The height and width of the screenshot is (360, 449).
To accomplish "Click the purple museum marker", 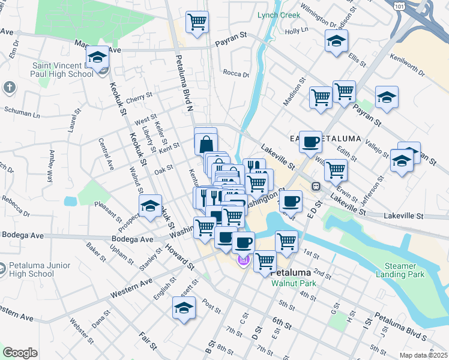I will point(243,261).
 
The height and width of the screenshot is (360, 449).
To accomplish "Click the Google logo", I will point(20,353).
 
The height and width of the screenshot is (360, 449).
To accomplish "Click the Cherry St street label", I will point(139,95).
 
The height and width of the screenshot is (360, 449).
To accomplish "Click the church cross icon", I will point(9,88).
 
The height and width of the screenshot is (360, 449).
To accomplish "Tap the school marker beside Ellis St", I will point(336,41).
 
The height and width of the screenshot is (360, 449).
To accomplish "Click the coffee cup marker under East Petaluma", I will point(310,142).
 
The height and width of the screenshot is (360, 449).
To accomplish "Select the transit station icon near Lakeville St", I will point(315,186).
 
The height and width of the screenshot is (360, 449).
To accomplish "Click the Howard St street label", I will point(181,256).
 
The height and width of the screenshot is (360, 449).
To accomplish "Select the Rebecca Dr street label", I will point(16,205).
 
